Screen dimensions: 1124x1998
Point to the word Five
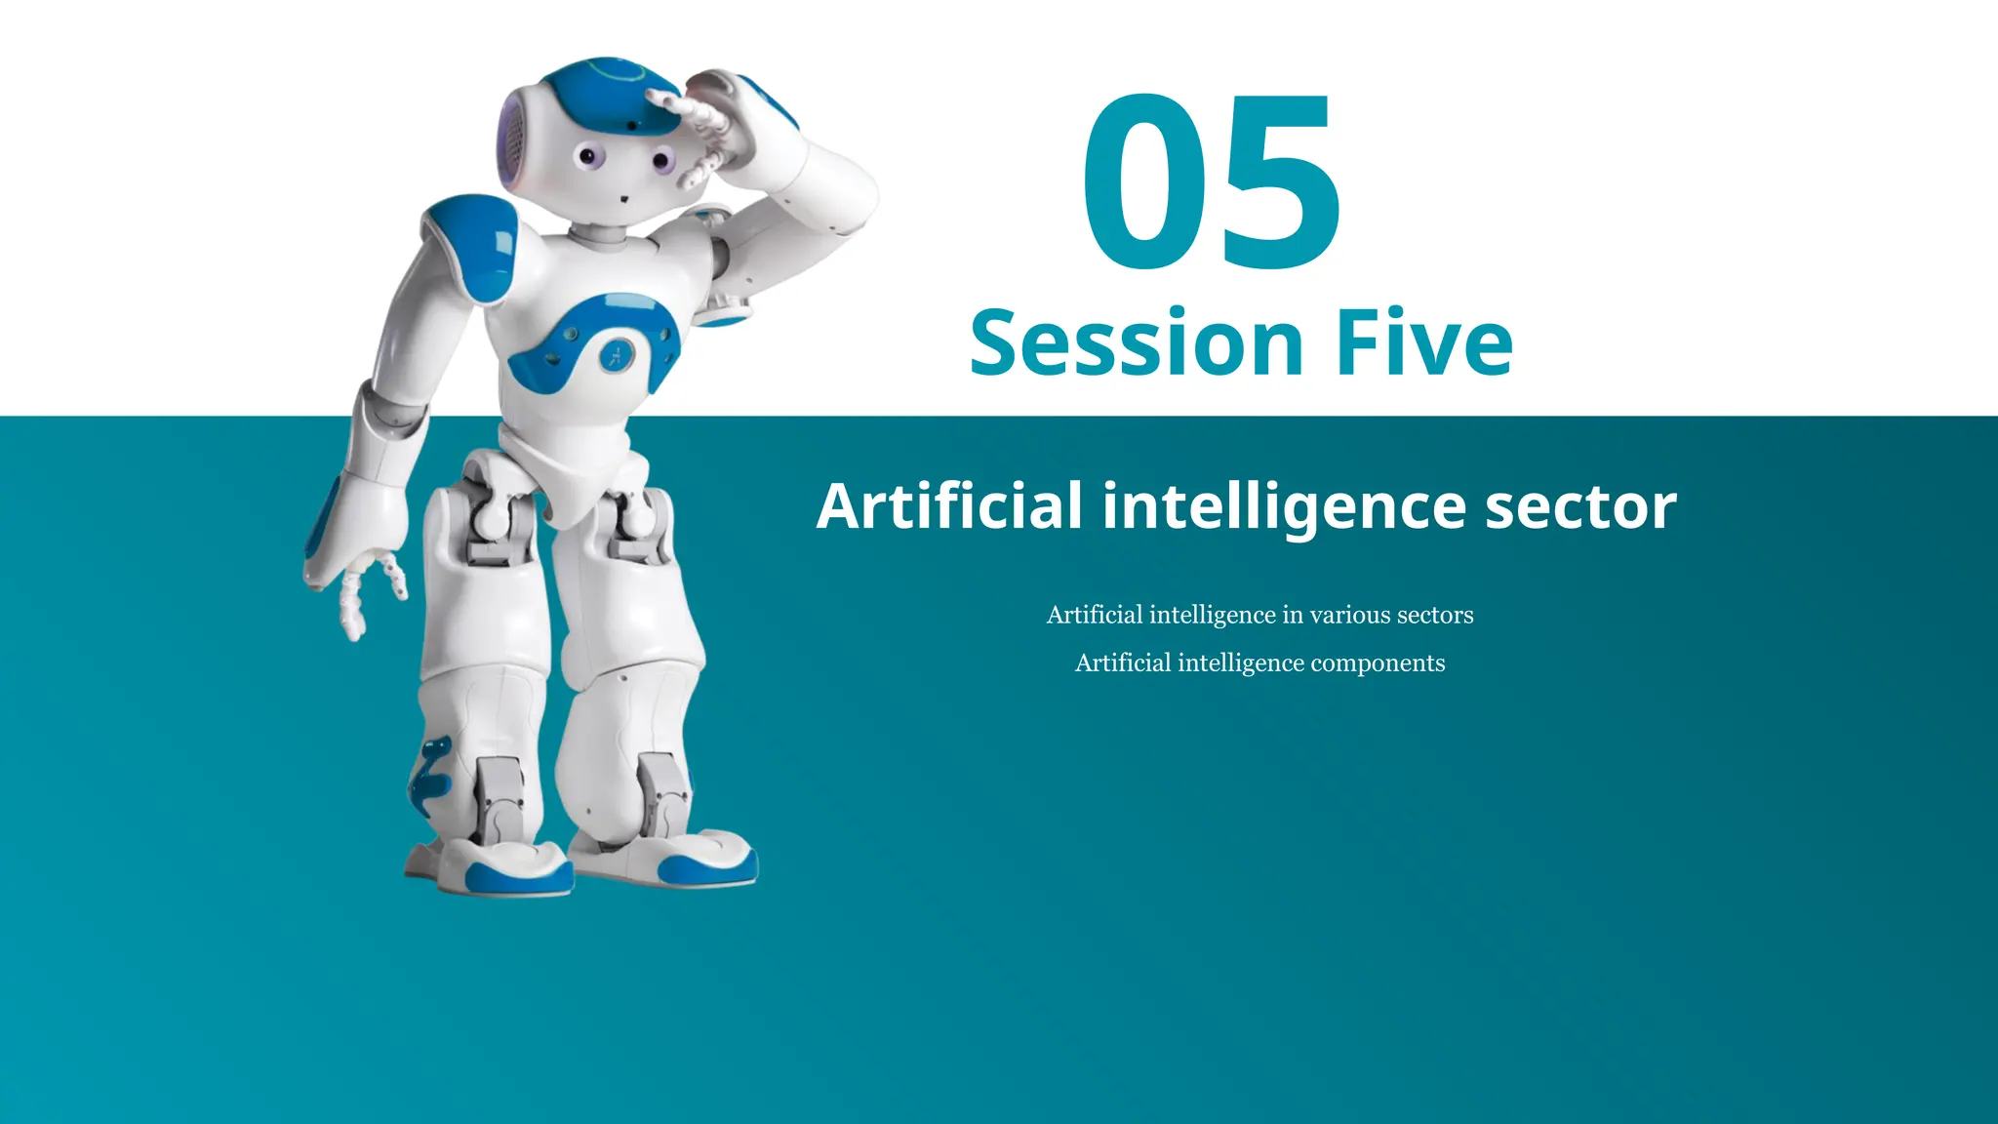coord(1424,342)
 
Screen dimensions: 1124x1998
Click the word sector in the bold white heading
coord(1580,506)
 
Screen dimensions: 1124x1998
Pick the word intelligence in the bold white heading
coord(1284,506)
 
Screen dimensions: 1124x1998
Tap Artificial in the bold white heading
coord(949,506)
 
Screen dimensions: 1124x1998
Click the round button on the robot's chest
coord(616,355)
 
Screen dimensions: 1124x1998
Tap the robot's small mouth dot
coord(623,199)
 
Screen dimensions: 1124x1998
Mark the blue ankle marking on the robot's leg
coord(429,776)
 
